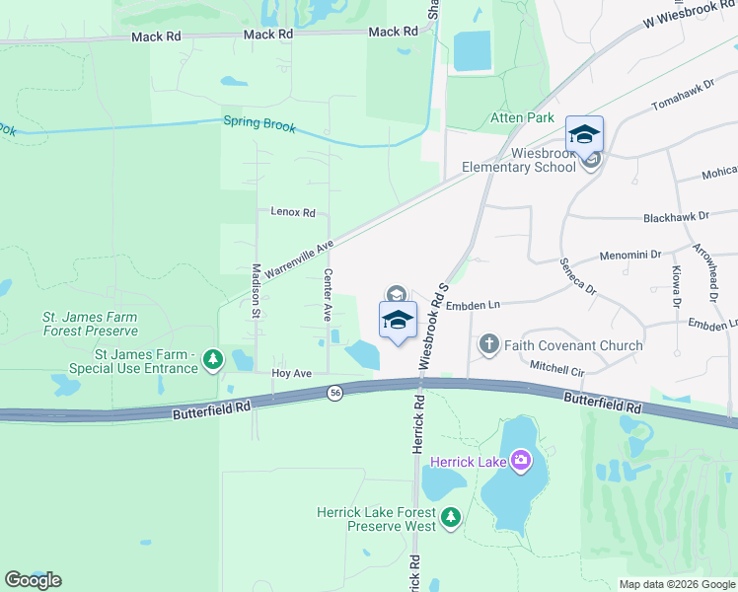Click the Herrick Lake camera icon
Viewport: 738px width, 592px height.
click(x=521, y=461)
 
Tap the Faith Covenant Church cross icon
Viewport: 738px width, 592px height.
click(x=488, y=345)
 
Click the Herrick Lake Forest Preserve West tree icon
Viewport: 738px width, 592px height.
click(x=451, y=518)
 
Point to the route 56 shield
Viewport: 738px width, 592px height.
click(x=335, y=393)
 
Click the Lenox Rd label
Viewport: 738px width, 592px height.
click(x=292, y=212)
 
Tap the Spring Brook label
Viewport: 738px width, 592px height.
click(x=258, y=124)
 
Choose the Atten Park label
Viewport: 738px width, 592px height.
click(x=523, y=117)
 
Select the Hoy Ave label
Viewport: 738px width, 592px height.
click(x=291, y=374)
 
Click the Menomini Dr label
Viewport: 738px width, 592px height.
click(x=630, y=255)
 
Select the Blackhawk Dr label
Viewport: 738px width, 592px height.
click(x=676, y=216)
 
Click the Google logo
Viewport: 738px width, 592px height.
click(x=33, y=580)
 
